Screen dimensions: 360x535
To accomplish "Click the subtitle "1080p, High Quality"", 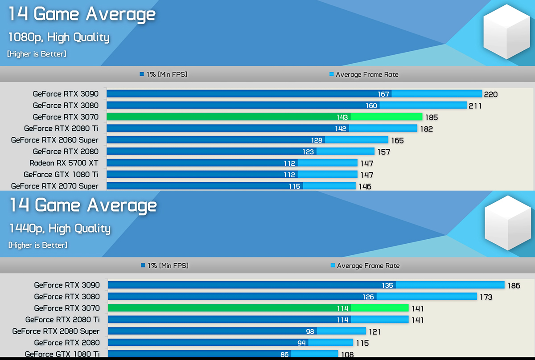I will point(58,37).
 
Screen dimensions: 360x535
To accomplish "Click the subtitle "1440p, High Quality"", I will point(60,229).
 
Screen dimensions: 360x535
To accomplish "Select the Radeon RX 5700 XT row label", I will point(64,163).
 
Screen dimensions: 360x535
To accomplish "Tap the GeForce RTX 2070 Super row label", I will point(54,186).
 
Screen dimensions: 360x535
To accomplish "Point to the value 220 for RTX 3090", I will point(490,94).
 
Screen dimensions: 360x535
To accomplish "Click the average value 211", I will point(475,106).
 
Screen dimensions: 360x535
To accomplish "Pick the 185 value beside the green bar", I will point(431,118).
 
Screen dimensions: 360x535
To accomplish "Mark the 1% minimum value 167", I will point(383,94).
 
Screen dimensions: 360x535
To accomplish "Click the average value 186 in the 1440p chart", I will point(514,286).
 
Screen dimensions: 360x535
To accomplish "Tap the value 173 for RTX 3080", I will point(486,297).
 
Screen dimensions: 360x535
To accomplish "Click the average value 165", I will point(397,141).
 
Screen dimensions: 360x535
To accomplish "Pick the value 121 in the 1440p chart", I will point(374,332).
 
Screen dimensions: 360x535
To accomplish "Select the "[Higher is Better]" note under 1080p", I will point(37,54).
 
